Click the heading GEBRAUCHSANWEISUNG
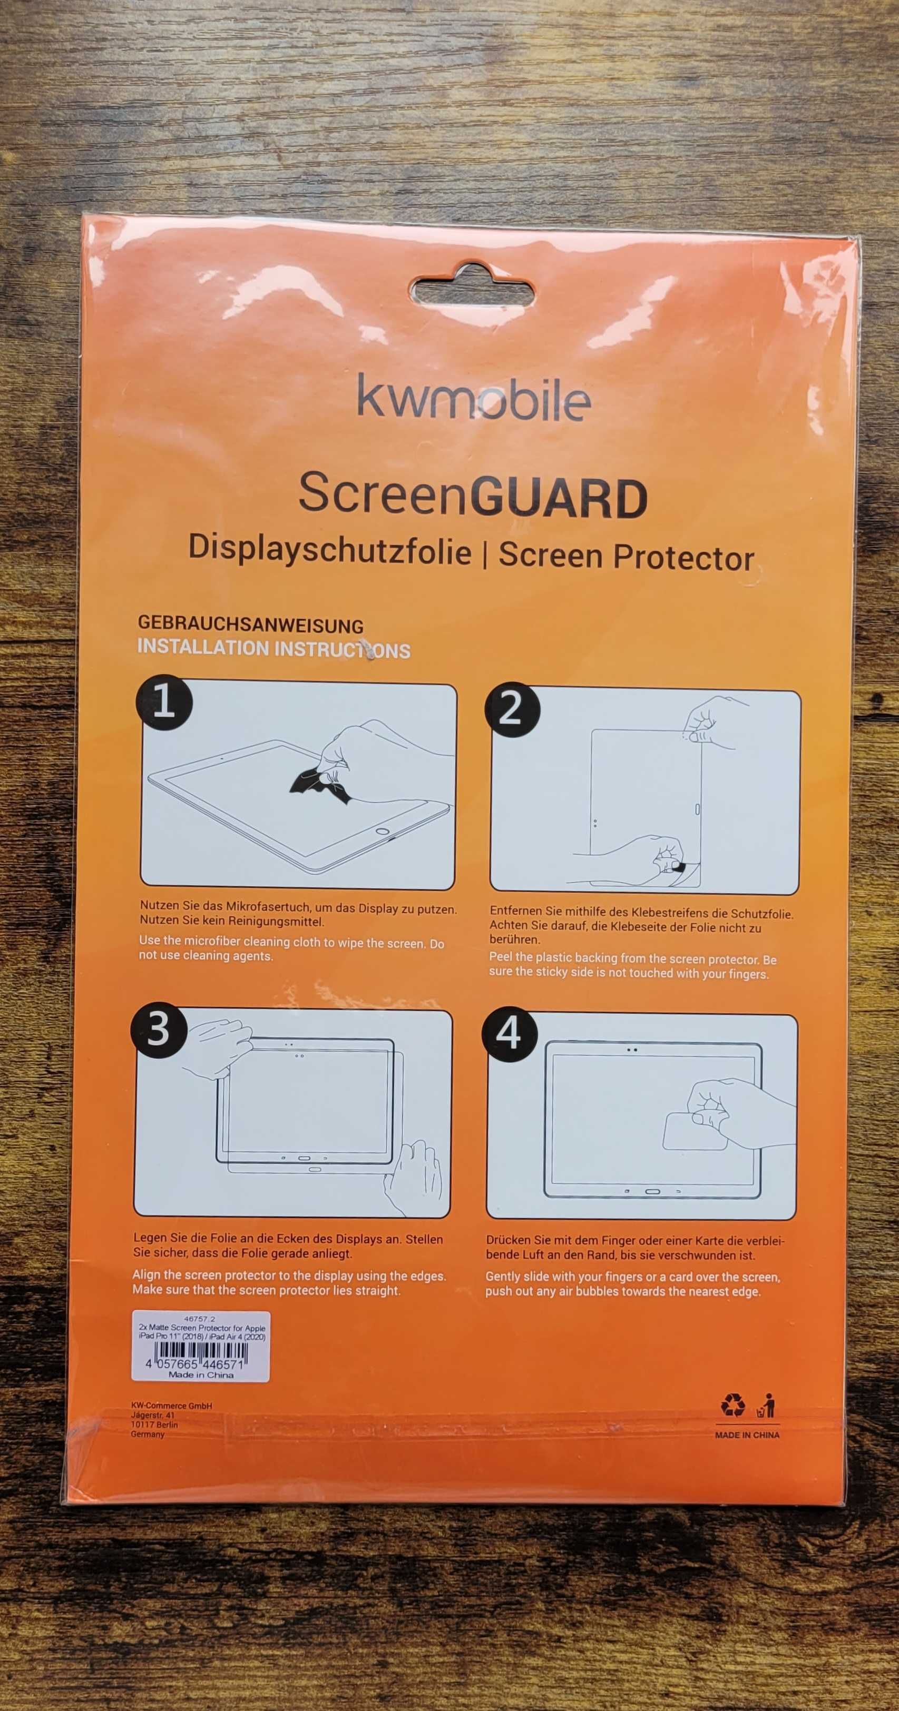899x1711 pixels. (250, 625)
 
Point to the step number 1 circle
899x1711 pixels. (164, 702)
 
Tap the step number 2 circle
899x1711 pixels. (512, 709)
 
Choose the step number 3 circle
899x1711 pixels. (159, 1030)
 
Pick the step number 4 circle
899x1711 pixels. (509, 1034)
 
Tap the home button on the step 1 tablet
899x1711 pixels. (382, 831)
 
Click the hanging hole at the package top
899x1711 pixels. (473, 290)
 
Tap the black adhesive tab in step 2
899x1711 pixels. (678, 867)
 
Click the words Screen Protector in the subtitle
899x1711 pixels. (627, 556)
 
